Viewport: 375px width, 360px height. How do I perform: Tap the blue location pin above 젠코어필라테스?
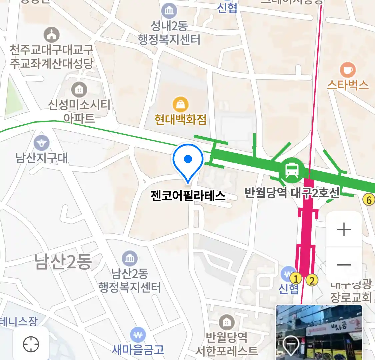188,160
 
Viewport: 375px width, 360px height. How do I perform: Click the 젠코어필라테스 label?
188,195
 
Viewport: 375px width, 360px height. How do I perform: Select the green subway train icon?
292,170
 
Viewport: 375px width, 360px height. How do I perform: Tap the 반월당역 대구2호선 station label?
292,192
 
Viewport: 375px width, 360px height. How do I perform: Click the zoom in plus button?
344,230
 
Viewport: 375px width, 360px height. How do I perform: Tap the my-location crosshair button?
31,344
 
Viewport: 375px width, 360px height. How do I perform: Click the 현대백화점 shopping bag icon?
180,105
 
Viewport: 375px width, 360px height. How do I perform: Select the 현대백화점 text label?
180,119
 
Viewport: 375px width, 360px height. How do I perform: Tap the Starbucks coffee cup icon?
348,70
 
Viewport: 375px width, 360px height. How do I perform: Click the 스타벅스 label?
348,85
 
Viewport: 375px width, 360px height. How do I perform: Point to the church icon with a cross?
51,35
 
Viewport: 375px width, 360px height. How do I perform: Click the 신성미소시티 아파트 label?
79,111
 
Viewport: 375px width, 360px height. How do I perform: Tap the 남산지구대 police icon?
42,143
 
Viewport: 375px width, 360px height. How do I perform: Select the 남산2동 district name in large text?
63,261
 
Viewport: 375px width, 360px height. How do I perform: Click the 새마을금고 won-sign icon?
138,334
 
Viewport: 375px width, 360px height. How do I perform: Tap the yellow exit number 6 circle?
369,200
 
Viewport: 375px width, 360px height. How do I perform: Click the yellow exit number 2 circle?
312,280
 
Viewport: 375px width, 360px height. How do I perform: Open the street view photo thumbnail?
319,332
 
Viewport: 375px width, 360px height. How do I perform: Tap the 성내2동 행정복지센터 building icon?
169,11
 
